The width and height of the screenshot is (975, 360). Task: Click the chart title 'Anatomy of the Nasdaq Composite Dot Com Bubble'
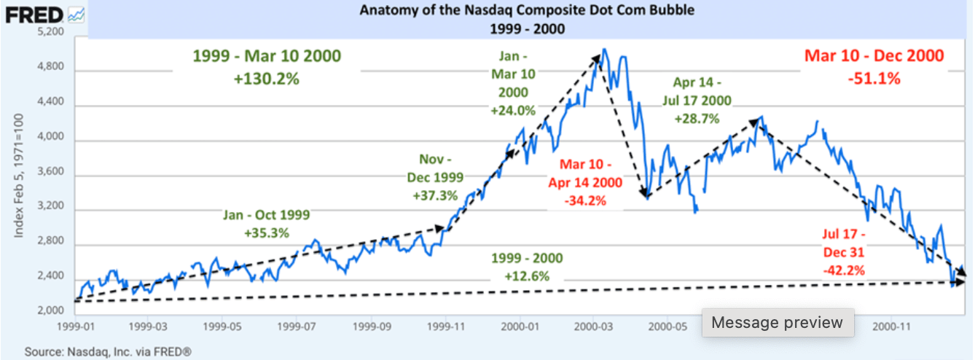(486, 11)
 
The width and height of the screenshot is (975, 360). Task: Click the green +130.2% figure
(266, 79)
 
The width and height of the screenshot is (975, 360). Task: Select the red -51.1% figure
(874, 78)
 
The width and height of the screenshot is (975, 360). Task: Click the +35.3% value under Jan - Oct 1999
(267, 233)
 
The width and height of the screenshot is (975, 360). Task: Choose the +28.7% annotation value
(697, 119)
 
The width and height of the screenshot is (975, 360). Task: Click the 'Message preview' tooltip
(777, 322)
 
